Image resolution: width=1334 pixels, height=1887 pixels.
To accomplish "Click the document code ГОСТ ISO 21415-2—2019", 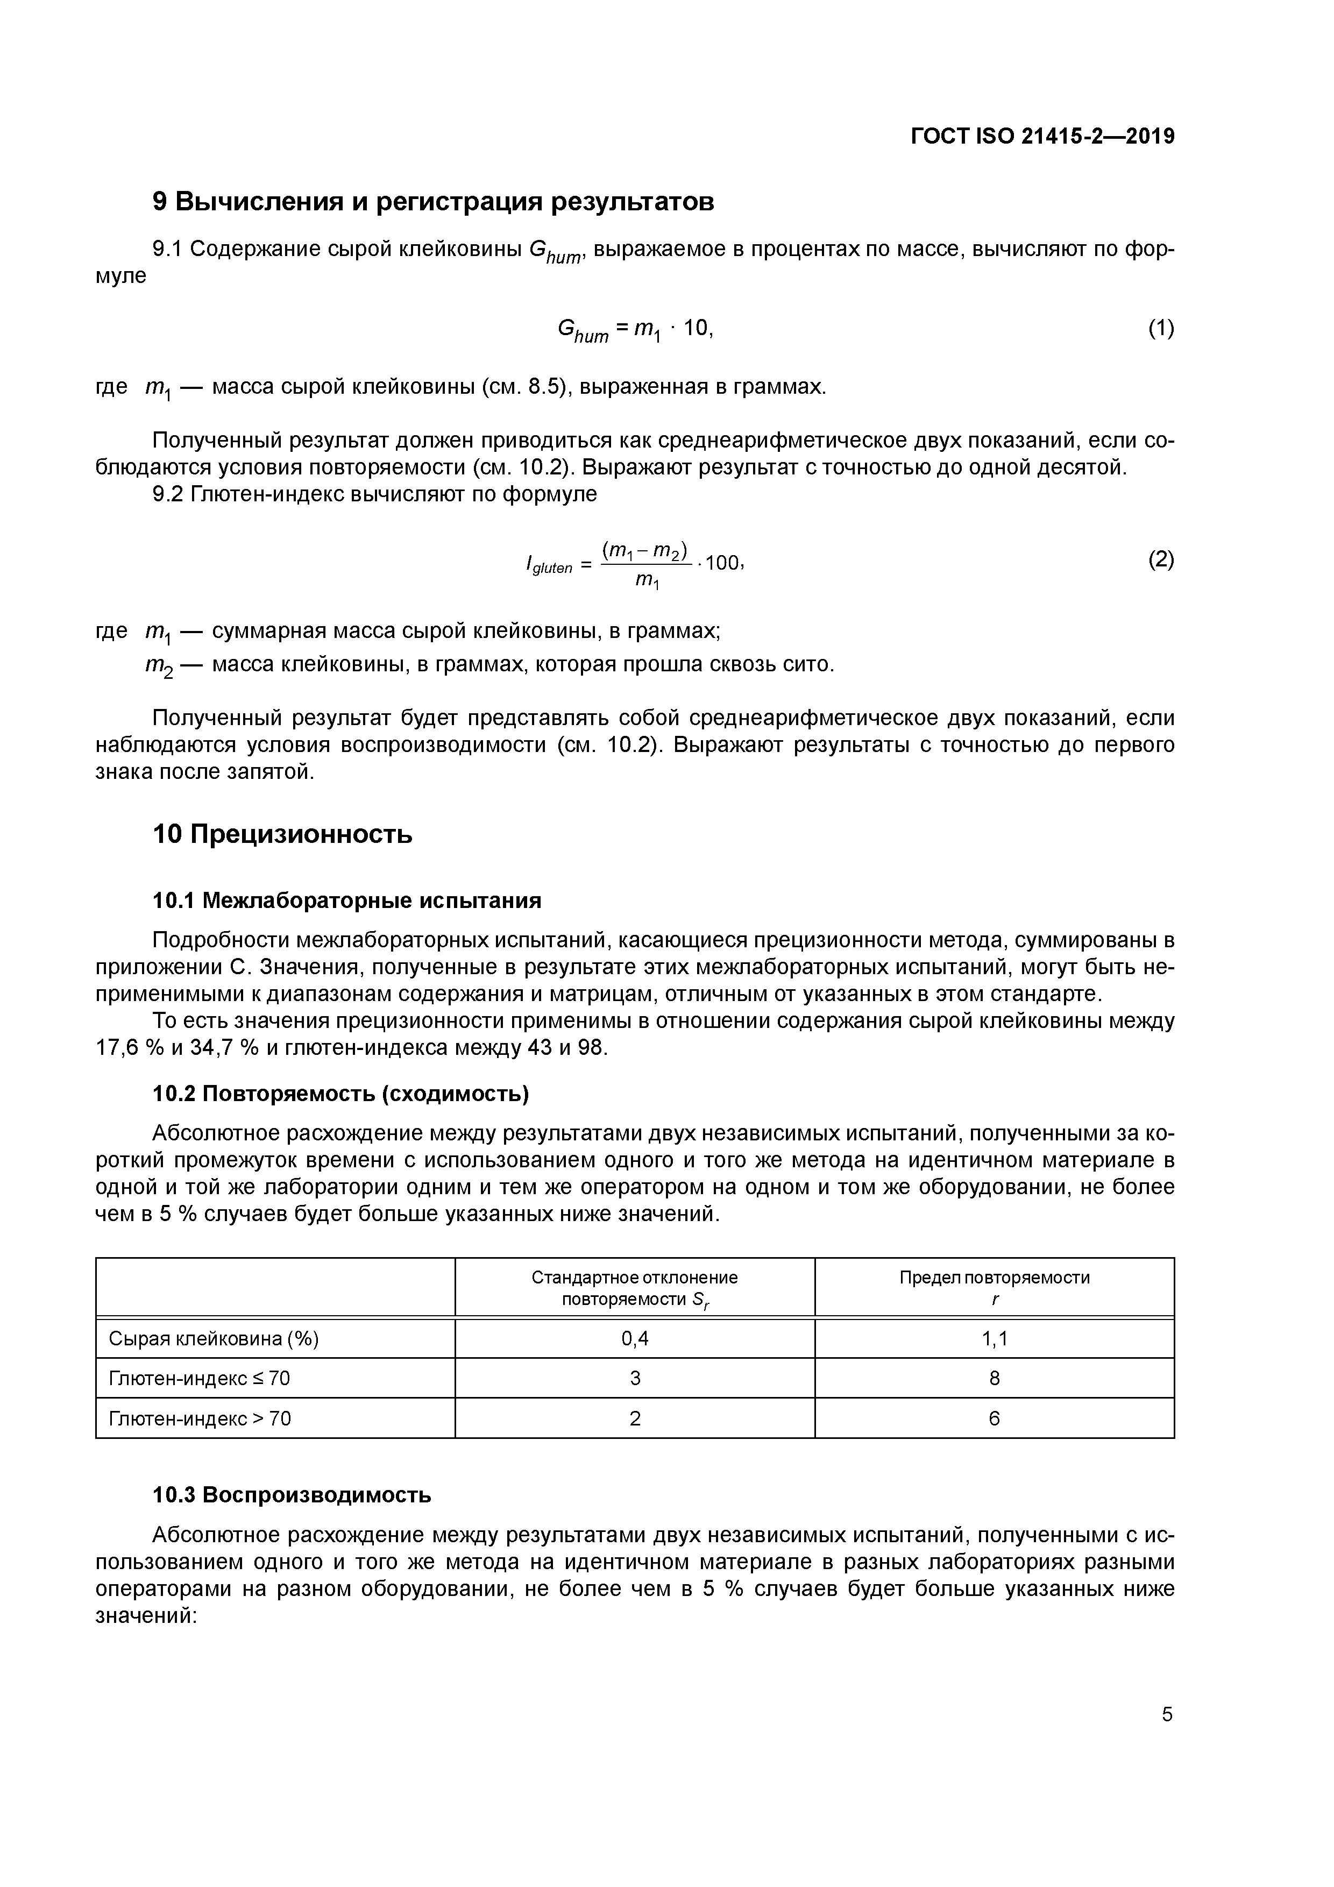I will (x=1042, y=137).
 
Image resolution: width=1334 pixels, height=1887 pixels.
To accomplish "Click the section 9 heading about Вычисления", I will (x=433, y=201).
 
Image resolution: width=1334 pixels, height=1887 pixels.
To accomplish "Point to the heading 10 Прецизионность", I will (x=282, y=834).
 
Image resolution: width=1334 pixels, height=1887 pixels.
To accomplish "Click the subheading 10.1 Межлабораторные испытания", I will (x=347, y=901).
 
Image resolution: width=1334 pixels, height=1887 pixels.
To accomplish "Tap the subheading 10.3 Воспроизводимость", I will (x=292, y=1494).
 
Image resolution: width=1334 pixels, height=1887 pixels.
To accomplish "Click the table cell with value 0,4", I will (x=635, y=1339).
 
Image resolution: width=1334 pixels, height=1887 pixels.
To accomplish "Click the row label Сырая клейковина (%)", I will (x=214, y=1339).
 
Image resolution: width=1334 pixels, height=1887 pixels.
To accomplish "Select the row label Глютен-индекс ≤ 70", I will (x=200, y=1378).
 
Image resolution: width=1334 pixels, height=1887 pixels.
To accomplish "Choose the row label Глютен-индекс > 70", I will (x=200, y=1418).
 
